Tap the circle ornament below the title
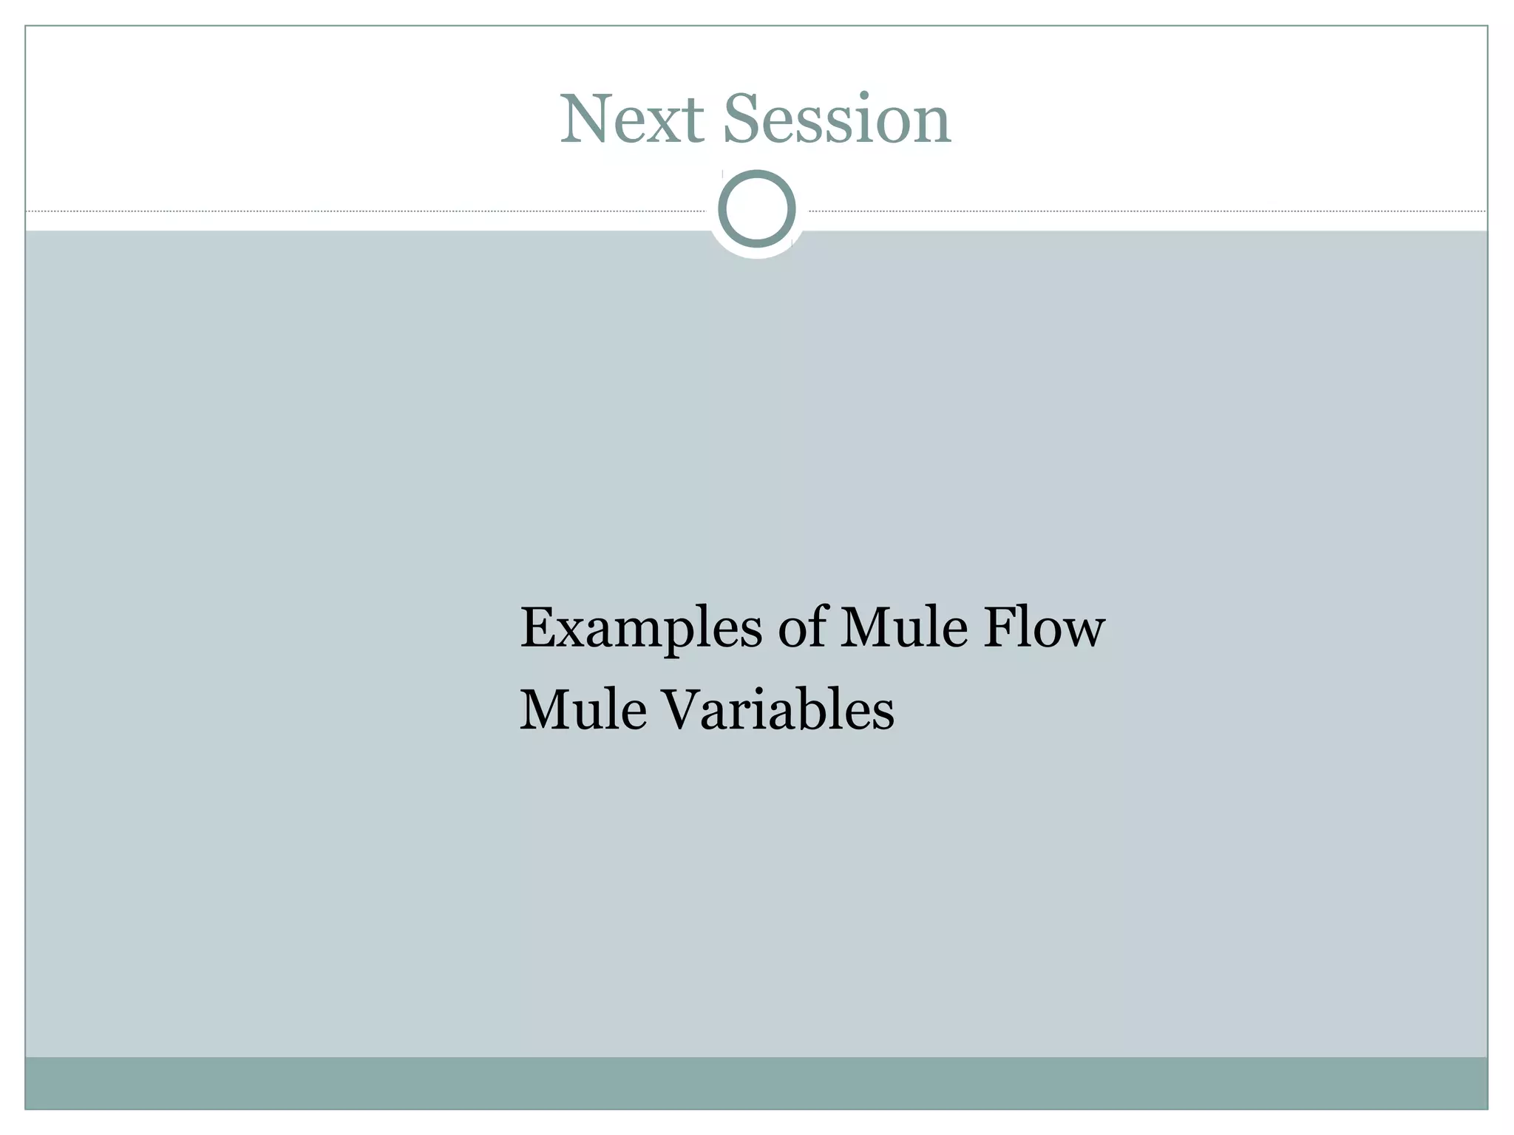coord(756,208)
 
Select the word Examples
coord(640,629)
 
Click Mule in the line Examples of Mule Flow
coord(903,627)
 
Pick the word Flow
coord(1043,627)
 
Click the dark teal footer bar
coord(756,1083)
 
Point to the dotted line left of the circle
coord(370,211)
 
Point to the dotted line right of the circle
coord(1146,211)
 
